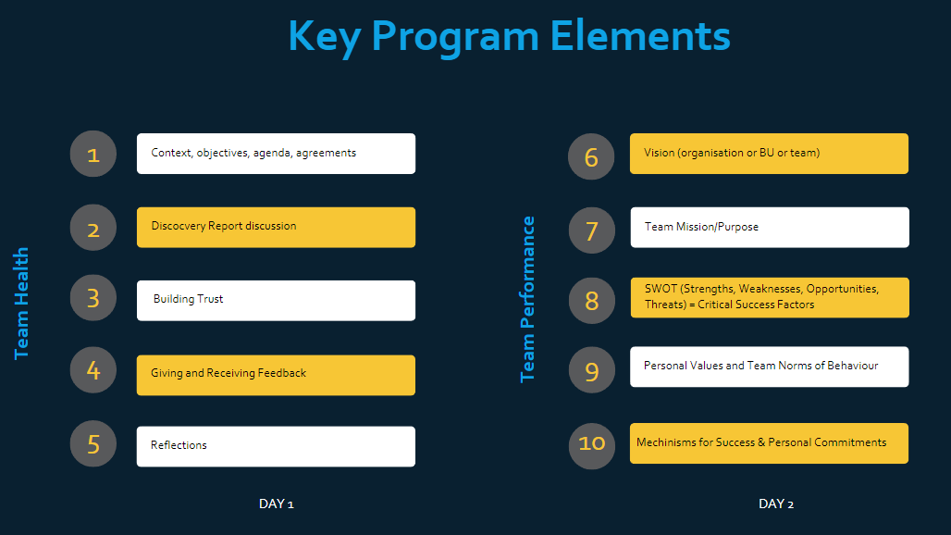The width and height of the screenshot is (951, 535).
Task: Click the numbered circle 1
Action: pos(93,154)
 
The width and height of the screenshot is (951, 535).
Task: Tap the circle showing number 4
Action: pos(93,370)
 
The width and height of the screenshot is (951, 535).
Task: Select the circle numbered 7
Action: pos(592,230)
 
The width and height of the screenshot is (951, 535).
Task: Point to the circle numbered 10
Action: pos(592,446)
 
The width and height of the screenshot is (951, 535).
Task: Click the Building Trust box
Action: pos(276,300)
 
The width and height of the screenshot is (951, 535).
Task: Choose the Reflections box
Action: pos(276,446)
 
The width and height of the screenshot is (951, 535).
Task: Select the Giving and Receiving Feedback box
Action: pos(276,375)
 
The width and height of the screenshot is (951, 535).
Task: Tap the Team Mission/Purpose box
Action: pos(770,228)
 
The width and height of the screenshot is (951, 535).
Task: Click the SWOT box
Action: pos(770,298)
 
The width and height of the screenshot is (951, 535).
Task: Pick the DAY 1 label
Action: pos(276,504)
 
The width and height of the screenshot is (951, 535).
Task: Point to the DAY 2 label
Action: pos(776,504)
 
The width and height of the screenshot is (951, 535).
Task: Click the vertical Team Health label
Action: pos(21,304)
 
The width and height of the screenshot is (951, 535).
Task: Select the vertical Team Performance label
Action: pos(527,299)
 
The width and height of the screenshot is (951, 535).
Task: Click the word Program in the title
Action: pos(455,37)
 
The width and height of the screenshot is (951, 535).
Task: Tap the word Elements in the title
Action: pos(640,36)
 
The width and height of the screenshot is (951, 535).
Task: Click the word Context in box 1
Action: pos(172,153)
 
